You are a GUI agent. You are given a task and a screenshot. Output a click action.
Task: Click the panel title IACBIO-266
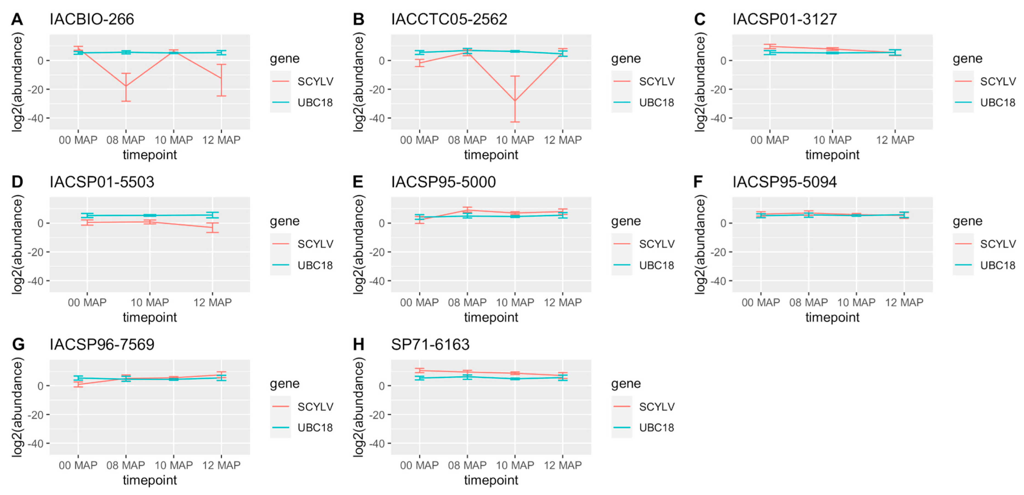tap(91, 19)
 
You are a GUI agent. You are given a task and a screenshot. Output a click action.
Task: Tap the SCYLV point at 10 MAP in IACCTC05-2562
tap(515, 100)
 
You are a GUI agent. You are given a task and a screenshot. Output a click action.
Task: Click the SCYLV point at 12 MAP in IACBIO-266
tap(221, 78)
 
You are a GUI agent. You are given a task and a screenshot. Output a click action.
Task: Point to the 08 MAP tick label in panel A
tap(125, 140)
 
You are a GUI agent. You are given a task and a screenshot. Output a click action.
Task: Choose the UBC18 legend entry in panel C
tap(998, 102)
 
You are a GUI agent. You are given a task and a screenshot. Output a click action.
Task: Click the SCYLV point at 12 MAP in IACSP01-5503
tap(213, 227)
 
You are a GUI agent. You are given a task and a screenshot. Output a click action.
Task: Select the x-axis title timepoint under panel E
tap(491, 317)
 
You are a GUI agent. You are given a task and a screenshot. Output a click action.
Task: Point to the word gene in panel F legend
tap(967, 221)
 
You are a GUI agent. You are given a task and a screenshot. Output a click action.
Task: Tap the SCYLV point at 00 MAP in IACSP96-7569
tap(78, 384)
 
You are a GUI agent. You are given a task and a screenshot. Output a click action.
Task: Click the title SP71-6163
tap(430, 345)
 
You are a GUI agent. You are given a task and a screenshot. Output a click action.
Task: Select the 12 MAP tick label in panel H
tap(562, 465)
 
